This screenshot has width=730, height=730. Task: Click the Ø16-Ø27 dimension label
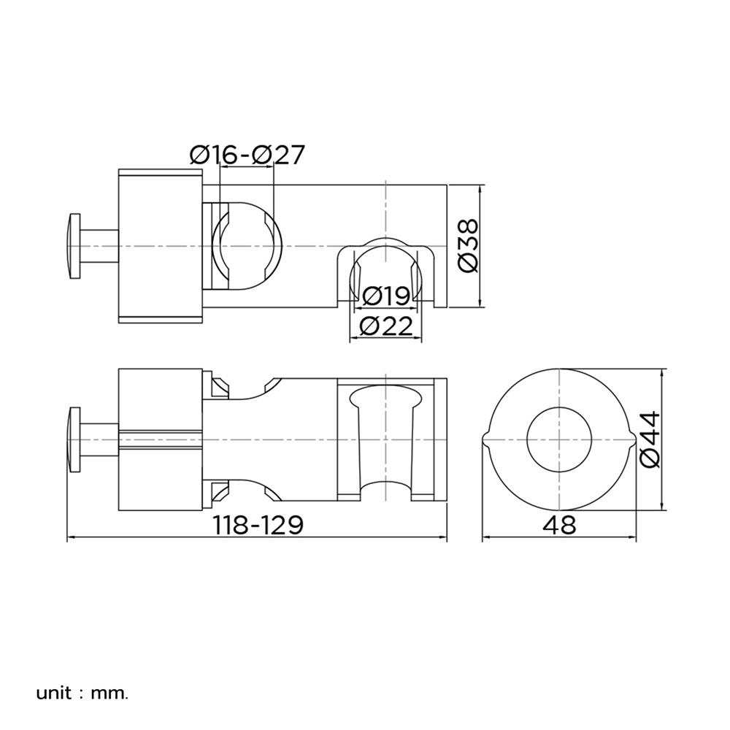[247, 155]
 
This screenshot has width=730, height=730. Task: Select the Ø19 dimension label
[386, 295]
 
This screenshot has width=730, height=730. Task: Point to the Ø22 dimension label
[386, 326]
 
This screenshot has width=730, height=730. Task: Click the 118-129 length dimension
[258, 525]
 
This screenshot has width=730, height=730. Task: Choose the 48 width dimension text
[559, 525]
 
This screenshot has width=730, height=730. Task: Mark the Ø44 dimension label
[650, 439]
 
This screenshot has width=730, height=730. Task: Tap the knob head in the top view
[74, 246]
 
